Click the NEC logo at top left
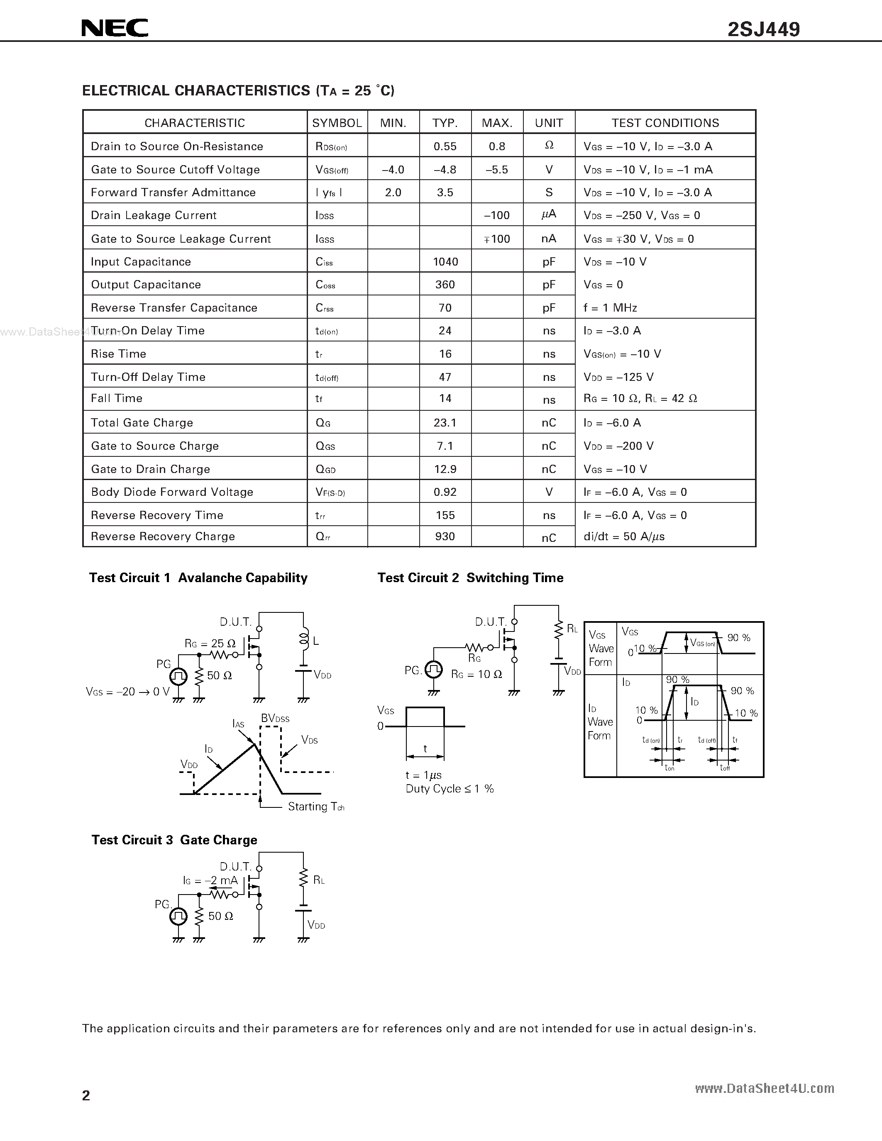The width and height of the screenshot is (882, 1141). pos(115,28)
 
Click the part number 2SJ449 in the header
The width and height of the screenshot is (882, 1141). pos(763,29)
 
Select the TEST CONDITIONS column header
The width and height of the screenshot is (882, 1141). pos(665,123)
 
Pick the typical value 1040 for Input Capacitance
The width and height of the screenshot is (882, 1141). pos(445,262)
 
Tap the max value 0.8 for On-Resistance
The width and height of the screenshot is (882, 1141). pos(497,146)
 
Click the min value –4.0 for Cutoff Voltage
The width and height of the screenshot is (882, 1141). pos(393,169)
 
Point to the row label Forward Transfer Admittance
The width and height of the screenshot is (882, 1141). pos(173,192)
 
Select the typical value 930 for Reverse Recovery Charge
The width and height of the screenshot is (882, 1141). pos(445,536)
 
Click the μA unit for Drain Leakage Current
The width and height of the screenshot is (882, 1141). pos(549,215)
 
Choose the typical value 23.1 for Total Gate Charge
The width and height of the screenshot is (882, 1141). pos(445,423)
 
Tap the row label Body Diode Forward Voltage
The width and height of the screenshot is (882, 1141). pos(172,492)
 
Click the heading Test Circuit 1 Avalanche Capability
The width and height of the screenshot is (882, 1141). pos(198,578)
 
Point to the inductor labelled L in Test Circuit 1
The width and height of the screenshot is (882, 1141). pos(303,639)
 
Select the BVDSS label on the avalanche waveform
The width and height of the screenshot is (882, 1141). pos(275,718)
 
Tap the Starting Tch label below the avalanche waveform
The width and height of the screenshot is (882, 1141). pos(315,807)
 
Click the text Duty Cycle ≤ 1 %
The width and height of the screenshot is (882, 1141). pos(450,789)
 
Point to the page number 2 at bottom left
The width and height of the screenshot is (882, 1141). pos(86,1095)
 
